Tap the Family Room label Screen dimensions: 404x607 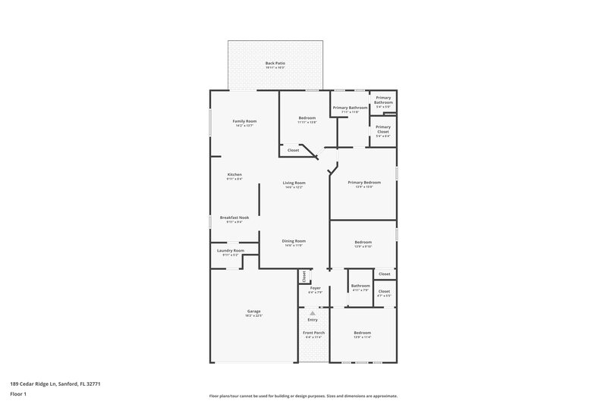(244, 121)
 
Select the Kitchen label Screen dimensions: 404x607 (234, 174)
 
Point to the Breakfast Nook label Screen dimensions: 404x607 (234, 218)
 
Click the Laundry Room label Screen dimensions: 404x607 (230, 250)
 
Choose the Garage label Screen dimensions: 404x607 (253, 311)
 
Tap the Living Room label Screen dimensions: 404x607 (294, 183)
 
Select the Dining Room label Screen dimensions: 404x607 (294, 241)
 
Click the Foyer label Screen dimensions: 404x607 (315, 288)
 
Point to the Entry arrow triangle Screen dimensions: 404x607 (312, 312)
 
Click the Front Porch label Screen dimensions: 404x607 (314, 333)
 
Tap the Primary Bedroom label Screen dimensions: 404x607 (364, 183)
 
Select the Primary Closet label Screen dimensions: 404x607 (383, 129)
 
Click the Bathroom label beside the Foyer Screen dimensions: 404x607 (360, 286)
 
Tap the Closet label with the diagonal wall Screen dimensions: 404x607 (293, 150)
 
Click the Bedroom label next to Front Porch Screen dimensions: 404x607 (362, 333)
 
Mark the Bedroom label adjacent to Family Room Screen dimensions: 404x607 (307, 118)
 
